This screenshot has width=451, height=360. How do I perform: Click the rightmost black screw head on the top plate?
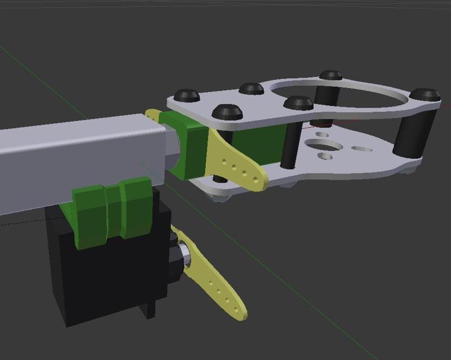(426, 94)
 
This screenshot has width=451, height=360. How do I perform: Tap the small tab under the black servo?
(148, 309)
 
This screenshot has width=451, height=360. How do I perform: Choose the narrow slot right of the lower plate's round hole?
(361, 149)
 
